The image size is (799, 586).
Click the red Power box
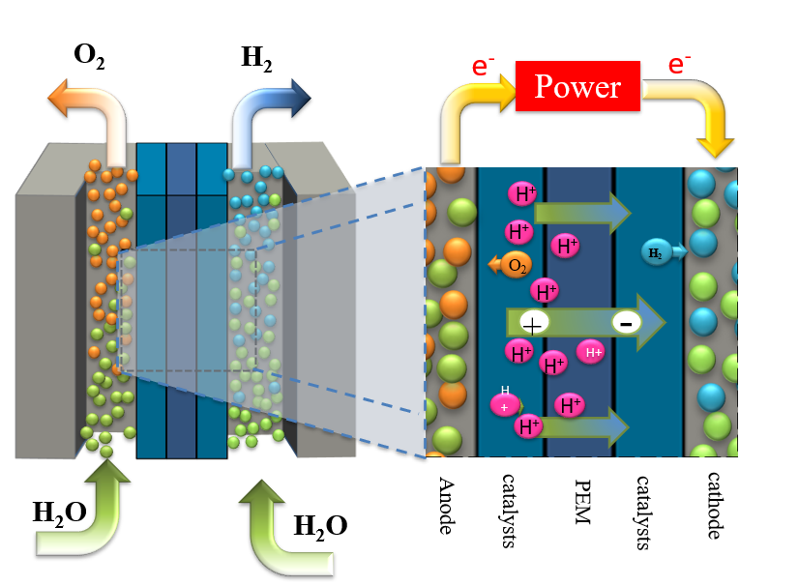point(578,87)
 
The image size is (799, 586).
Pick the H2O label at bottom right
point(320,527)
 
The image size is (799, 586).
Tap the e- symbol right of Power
point(680,65)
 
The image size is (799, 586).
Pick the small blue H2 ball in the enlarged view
point(657,253)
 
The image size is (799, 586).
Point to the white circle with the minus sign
point(625,324)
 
